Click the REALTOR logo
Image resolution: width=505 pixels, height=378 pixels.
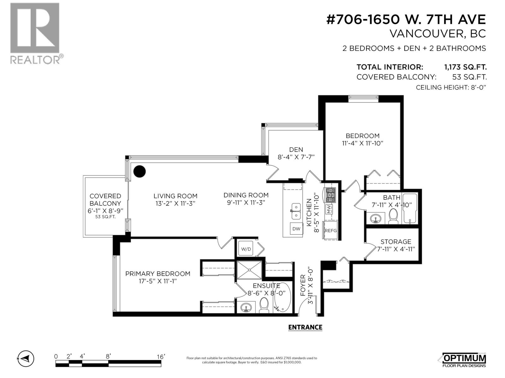(x=35, y=33)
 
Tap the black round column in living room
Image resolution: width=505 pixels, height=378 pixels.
(x=139, y=171)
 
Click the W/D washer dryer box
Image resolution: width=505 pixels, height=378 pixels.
(x=246, y=249)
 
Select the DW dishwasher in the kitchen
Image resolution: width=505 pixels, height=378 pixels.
(x=296, y=229)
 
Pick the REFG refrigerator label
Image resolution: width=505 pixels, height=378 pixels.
(x=330, y=231)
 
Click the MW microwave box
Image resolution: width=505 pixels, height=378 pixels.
(x=329, y=209)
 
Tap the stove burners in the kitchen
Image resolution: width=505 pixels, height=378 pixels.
(x=330, y=195)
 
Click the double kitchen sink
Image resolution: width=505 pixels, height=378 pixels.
(x=296, y=211)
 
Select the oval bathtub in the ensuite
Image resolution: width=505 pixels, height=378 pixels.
(x=282, y=298)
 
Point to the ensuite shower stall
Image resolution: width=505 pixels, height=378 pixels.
(x=249, y=270)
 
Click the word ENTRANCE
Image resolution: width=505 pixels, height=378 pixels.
(x=305, y=327)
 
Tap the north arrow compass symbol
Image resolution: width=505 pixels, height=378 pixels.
(x=26, y=358)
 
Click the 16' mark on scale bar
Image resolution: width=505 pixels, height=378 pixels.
(x=161, y=357)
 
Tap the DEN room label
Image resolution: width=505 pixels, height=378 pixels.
(x=296, y=150)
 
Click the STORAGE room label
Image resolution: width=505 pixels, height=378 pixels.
(x=396, y=242)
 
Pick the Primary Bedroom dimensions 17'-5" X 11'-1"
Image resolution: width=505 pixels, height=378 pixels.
(x=157, y=281)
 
